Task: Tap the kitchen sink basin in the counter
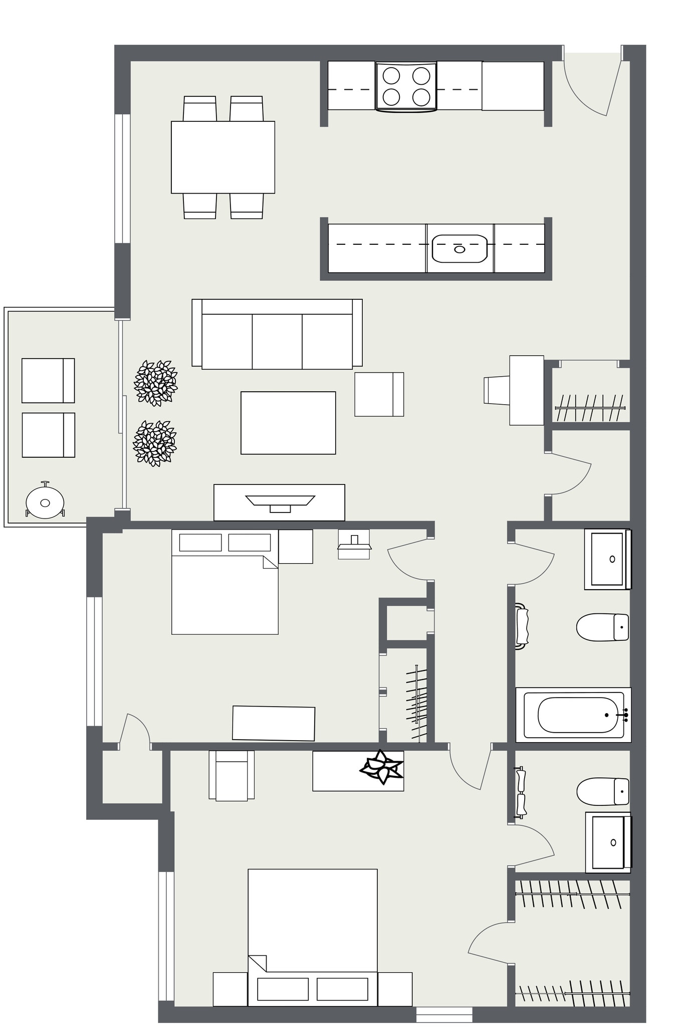[460, 249]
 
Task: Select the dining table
[222, 157]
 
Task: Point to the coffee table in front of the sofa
[288, 423]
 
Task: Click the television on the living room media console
[280, 501]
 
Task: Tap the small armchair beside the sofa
[379, 394]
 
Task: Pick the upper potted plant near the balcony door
[156, 383]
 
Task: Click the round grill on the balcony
[45, 502]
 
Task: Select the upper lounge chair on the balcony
[48, 381]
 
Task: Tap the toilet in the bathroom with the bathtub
[602, 627]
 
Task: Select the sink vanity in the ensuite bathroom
[608, 842]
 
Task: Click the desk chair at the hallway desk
[496, 390]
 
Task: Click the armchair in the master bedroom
[232, 775]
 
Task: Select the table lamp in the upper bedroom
[354, 544]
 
